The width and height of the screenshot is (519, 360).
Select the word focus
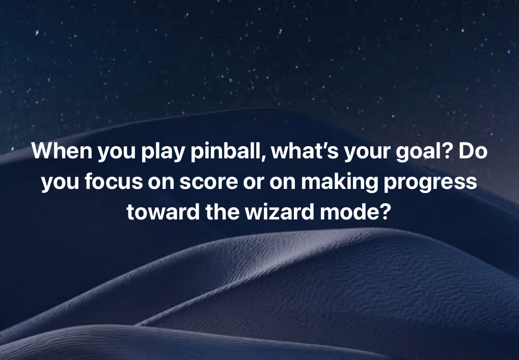coord(109,182)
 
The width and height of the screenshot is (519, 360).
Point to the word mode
coord(347,211)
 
